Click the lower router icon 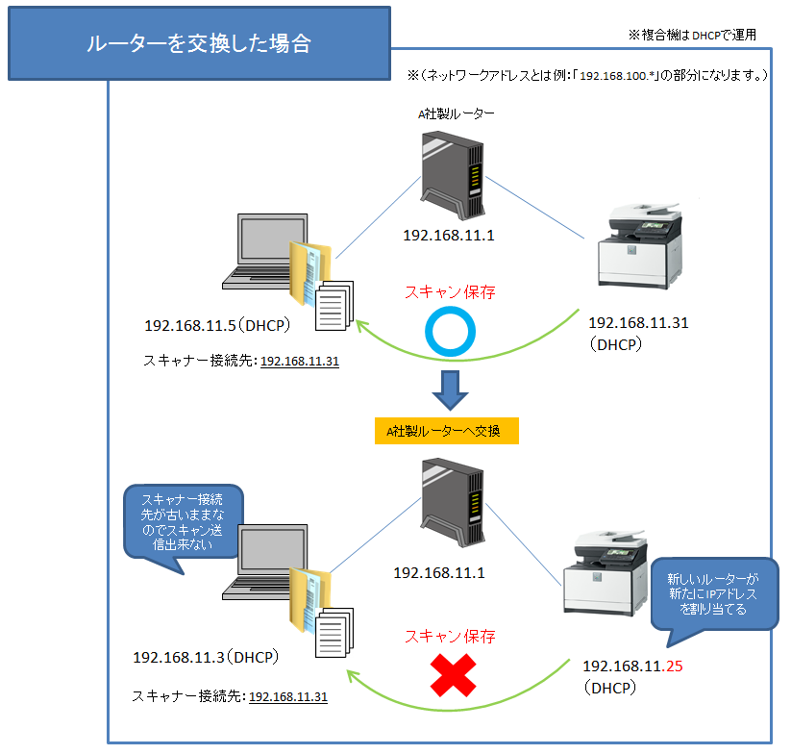(x=453, y=508)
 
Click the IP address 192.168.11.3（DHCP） (x=205, y=658)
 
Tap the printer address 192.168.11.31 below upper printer (x=638, y=323)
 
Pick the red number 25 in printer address (x=674, y=665)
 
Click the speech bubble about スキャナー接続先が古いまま (x=183, y=525)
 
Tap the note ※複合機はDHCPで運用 (x=692, y=35)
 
